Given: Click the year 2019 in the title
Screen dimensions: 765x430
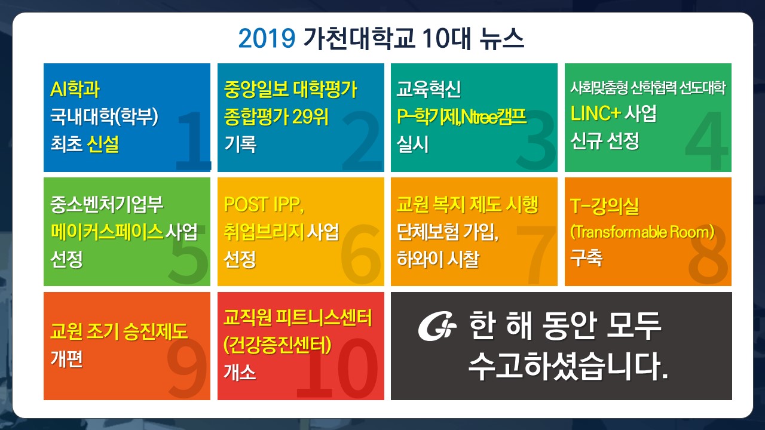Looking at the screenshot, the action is (x=267, y=38).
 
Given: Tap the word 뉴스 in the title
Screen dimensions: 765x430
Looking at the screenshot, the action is (x=501, y=38).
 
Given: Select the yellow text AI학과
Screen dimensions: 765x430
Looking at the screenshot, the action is (x=75, y=89).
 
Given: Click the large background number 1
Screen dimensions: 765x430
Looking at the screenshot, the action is (x=193, y=140).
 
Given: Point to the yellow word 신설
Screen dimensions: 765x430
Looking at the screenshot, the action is (x=103, y=144).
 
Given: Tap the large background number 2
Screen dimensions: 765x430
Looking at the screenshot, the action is (x=362, y=140).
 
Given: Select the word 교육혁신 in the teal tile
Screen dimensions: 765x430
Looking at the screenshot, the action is (x=429, y=89).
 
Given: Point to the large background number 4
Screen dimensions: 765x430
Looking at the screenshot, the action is (x=706, y=140).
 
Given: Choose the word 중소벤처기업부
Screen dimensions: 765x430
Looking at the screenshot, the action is (x=107, y=204).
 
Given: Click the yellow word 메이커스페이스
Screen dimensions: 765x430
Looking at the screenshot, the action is (x=107, y=232).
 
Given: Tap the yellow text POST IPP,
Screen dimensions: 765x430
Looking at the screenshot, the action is (x=264, y=204).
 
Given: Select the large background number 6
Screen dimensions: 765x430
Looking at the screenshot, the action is (x=361, y=254).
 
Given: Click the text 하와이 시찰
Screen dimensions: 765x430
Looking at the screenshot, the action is (x=438, y=259).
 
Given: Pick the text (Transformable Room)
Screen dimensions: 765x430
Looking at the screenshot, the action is (x=642, y=232).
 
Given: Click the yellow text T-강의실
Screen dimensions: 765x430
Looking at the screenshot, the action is (x=604, y=206).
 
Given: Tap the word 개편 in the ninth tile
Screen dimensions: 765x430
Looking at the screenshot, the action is (x=66, y=359).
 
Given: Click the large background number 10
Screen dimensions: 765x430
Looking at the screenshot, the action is (x=338, y=368).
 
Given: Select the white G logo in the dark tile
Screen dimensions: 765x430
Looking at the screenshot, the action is (x=437, y=326).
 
